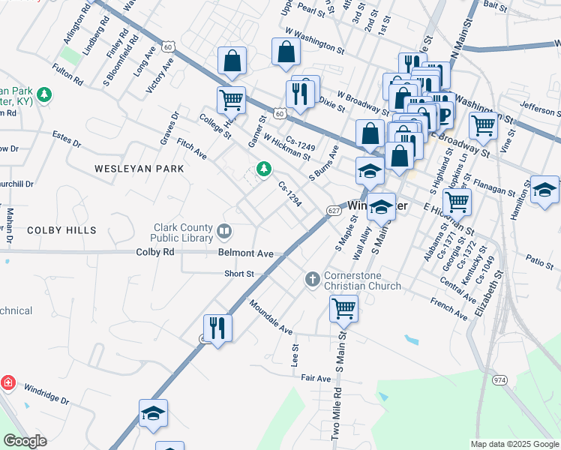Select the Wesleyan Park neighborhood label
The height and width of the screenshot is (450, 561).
point(139,169)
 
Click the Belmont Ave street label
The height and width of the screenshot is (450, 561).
point(245,253)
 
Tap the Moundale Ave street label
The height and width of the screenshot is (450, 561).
point(270,318)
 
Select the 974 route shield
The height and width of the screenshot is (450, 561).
point(499,381)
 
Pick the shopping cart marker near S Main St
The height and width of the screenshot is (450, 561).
point(343,307)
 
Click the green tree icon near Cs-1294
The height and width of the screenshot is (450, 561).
point(263,169)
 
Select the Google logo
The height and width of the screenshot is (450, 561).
point(24,441)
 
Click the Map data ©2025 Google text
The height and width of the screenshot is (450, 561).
point(514,444)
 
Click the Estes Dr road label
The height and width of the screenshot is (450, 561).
point(66,135)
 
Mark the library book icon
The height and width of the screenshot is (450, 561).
point(223,229)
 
